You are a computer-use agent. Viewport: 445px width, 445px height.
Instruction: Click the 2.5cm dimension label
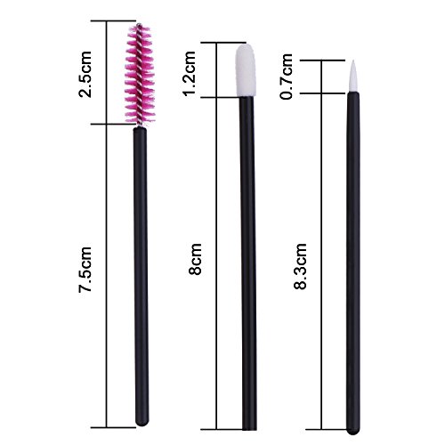[x=85, y=75]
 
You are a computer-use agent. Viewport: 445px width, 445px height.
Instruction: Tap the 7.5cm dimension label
[x=85, y=270]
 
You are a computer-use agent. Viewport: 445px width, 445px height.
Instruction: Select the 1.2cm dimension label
[x=189, y=74]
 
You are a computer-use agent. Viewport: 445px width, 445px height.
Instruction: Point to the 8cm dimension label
[x=195, y=259]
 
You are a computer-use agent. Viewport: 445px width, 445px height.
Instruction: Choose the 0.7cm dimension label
[x=286, y=77]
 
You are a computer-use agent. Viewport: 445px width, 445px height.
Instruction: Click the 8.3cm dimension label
[x=299, y=266]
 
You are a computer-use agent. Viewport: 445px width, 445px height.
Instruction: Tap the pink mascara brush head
[x=140, y=74]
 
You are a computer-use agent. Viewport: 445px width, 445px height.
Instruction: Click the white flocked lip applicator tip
[x=246, y=70]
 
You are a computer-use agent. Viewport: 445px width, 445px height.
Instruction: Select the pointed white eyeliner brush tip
[x=352, y=77]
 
